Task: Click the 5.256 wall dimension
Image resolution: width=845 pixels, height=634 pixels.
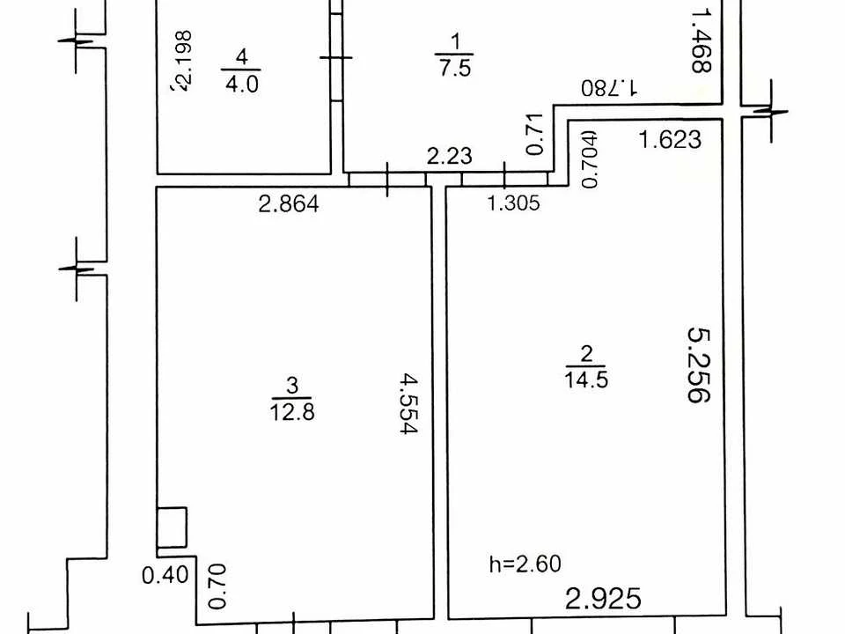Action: point(700,365)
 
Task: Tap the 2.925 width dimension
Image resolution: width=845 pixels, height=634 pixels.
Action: point(604,599)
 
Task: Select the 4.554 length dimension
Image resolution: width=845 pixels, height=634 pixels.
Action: point(408,404)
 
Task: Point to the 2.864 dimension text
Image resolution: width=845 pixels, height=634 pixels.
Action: point(289,203)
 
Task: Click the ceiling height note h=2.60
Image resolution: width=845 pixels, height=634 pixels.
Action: point(525,564)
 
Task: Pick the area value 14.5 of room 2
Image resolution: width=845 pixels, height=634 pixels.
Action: point(586,380)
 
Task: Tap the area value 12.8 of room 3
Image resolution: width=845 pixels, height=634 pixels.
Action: point(292,412)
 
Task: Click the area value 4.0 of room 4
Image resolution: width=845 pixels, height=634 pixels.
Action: point(242,85)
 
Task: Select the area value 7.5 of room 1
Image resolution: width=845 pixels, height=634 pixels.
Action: point(455,69)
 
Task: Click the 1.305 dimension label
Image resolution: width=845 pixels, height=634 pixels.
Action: point(513,203)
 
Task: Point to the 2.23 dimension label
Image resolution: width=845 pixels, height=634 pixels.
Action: point(450,157)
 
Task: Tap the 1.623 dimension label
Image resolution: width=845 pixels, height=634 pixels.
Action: point(670,140)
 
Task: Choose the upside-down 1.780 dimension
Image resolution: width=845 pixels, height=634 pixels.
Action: point(609,87)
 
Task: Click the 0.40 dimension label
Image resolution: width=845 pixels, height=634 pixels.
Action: point(165,575)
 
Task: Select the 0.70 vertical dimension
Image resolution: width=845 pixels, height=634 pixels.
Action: point(217,586)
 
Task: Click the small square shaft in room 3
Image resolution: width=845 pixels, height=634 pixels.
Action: point(172,527)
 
